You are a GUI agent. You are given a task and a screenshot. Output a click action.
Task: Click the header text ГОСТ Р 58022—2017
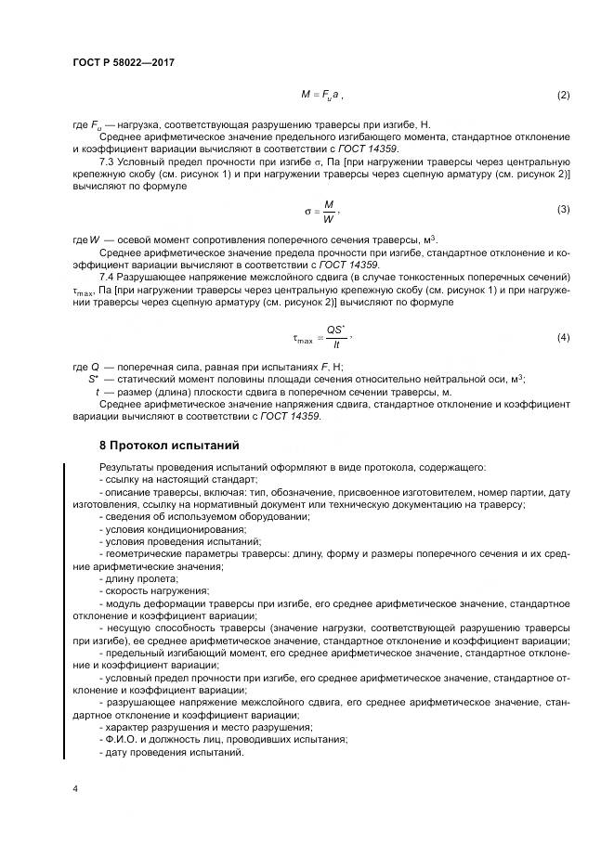[x=123, y=62]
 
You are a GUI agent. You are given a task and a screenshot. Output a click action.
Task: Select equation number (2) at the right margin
[x=562, y=96]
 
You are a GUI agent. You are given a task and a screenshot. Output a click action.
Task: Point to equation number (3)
[x=562, y=209]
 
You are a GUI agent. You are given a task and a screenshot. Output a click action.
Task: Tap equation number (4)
[x=562, y=336]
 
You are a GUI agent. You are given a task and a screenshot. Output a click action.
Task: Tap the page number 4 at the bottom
[x=75, y=788]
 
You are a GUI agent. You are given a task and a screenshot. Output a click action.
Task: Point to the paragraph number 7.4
[x=107, y=278]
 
